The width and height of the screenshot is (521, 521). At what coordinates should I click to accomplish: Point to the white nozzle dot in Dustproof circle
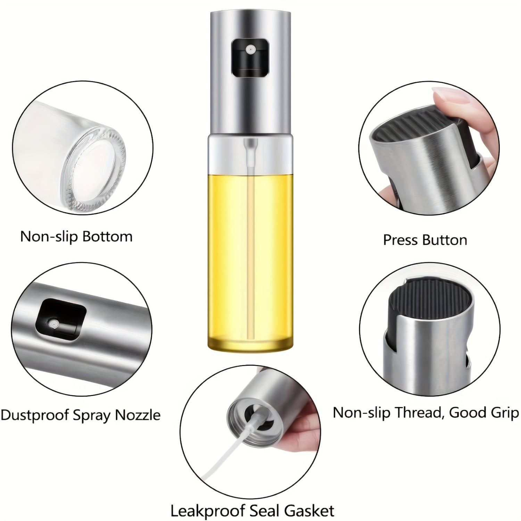[x=53, y=323]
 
